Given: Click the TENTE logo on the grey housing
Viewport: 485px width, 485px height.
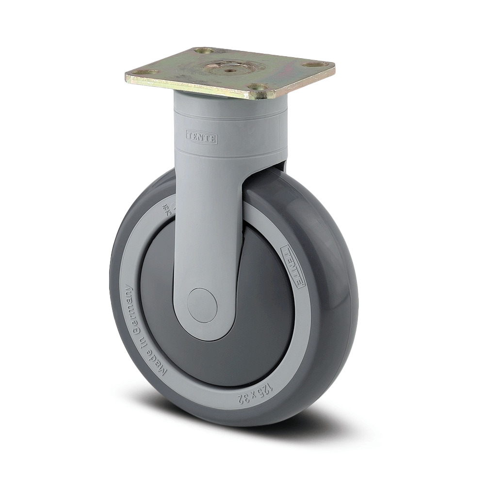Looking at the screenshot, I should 202,137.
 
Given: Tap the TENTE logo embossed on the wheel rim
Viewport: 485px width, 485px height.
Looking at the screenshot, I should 293,266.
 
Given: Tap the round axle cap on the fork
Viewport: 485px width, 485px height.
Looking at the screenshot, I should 202,305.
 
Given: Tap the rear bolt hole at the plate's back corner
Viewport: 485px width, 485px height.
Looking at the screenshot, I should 205,50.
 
